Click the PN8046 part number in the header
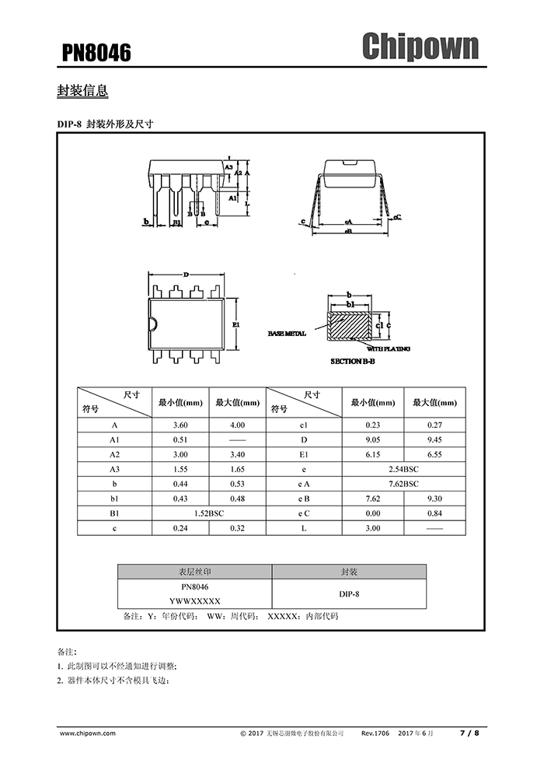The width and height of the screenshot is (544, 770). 96,52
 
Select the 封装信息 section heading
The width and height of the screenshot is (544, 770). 82,91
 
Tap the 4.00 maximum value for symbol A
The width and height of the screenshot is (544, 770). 237,425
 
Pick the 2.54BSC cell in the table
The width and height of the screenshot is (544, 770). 403,470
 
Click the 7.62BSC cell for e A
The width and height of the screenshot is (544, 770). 403,484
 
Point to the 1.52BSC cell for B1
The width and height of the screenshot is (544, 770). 207,513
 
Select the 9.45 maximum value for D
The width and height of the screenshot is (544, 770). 434,439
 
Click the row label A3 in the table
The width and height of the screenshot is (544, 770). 114,469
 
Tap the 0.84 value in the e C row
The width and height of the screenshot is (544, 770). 434,513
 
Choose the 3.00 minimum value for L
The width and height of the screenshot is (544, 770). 372,528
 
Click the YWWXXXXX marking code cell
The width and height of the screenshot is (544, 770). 194,601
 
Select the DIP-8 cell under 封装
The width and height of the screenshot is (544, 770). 349,593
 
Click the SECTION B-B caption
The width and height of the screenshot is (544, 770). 357,362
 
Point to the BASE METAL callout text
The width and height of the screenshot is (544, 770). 287,333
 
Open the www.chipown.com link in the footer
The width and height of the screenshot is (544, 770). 87,733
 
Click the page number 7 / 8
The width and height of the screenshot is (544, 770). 470,733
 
